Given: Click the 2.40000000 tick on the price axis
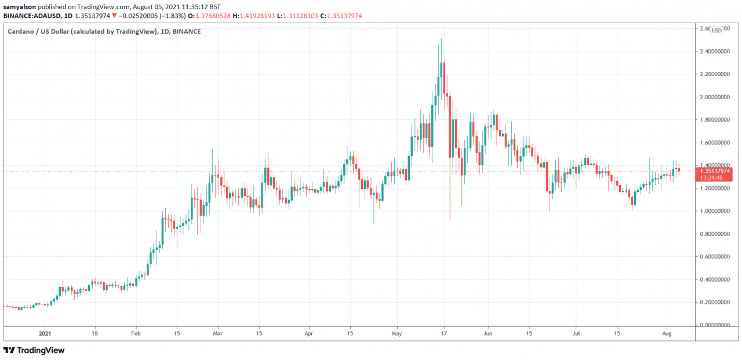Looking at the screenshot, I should coord(714,52).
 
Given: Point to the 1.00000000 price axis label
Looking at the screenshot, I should coord(714,211).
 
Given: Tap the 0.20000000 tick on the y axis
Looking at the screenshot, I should coord(714,302).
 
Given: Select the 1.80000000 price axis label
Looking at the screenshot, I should coord(714,120).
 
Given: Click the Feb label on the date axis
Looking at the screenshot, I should coord(136,333).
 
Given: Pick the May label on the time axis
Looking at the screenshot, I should coord(397,333).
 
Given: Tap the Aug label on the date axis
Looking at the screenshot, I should coord(667,333).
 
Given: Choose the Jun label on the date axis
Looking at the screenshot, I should coord(488,333).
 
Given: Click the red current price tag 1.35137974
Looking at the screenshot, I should coord(714,171).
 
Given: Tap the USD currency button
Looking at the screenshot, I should coord(717,30).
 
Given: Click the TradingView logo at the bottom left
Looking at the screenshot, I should coord(34,350).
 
